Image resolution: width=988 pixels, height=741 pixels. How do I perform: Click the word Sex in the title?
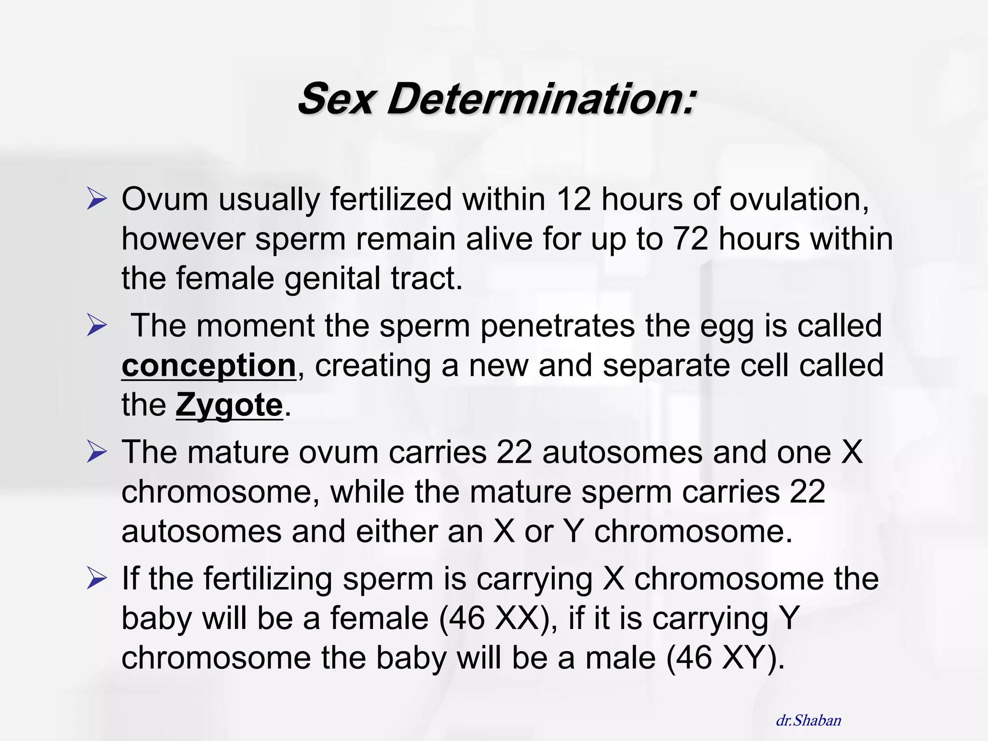pyautogui.click(x=336, y=99)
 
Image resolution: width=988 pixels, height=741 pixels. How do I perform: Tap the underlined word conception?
pyautogui.click(x=208, y=365)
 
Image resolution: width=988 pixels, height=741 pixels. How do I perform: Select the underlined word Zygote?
pyautogui.click(x=229, y=405)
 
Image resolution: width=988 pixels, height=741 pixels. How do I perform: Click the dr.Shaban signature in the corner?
pyautogui.click(x=808, y=721)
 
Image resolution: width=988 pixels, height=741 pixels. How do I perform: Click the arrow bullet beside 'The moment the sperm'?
pyautogui.click(x=96, y=326)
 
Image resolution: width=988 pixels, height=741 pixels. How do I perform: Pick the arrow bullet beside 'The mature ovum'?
pyautogui.click(x=96, y=452)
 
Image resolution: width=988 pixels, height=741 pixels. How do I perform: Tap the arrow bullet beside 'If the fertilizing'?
pyautogui.click(x=96, y=578)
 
